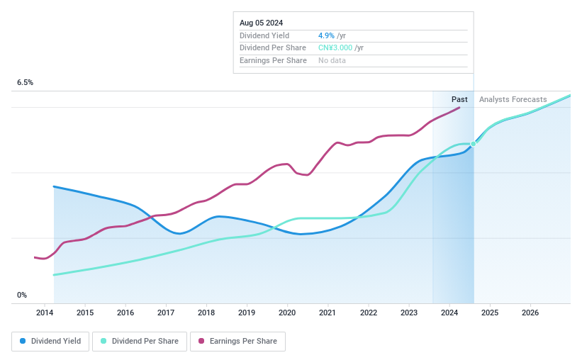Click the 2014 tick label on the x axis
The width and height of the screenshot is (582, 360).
click(x=45, y=313)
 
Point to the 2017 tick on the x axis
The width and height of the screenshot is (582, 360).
click(x=166, y=313)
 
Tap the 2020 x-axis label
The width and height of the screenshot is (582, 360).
click(x=287, y=313)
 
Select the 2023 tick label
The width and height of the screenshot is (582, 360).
click(x=408, y=313)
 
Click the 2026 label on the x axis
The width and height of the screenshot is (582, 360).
click(x=530, y=313)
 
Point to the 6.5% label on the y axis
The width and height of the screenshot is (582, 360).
click(x=26, y=83)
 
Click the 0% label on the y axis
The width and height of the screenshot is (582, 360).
click(x=22, y=295)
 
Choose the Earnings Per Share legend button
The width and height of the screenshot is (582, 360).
click(x=237, y=341)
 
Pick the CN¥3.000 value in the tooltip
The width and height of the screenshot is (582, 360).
click(x=335, y=48)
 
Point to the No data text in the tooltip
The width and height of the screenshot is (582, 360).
click(x=332, y=61)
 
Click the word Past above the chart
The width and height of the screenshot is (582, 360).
click(x=459, y=99)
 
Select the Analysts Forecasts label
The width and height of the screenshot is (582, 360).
click(x=513, y=99)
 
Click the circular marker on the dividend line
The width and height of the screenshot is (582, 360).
click(x=474, y=144)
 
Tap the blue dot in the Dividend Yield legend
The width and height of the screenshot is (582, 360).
click(x=23, y=341)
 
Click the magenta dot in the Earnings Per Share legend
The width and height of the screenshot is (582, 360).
click(x=201, y=341)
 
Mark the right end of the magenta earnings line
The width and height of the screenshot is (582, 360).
click(x=460, y=107)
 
